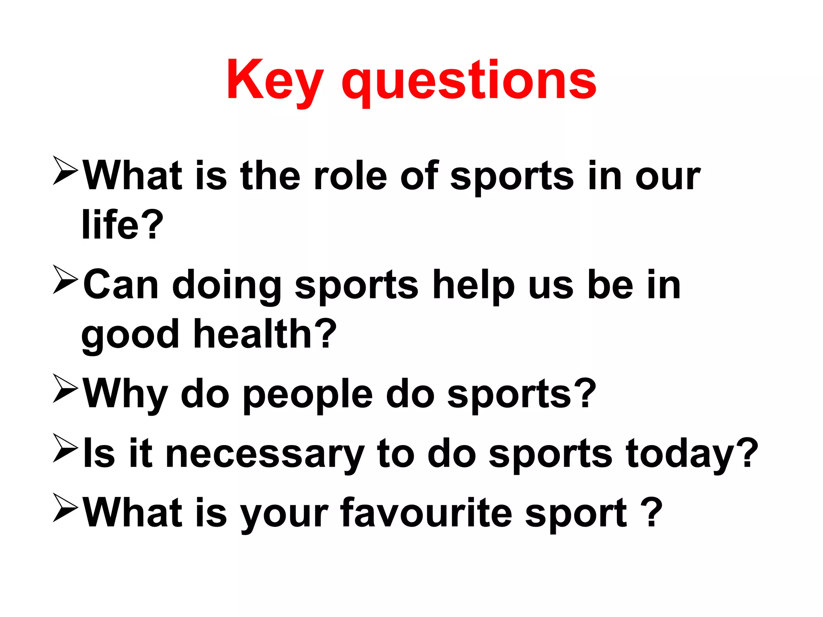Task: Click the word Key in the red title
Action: pyautogui.click(x=274, y=80)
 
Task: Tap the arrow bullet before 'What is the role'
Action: pyautogui.click(x=65, y=171)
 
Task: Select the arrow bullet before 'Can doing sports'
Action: pyautogui.click(x=65, y=280)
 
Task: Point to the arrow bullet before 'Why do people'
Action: pyautogui.click(x=65, y=388)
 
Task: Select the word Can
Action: pyautogui.click(x=121, y=285)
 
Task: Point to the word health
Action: pyautogui.click(x=252, y=334)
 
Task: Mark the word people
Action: pyautogui.click(x=308, y=396)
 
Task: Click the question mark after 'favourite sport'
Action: pyautogui.click(x=651, y=513)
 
